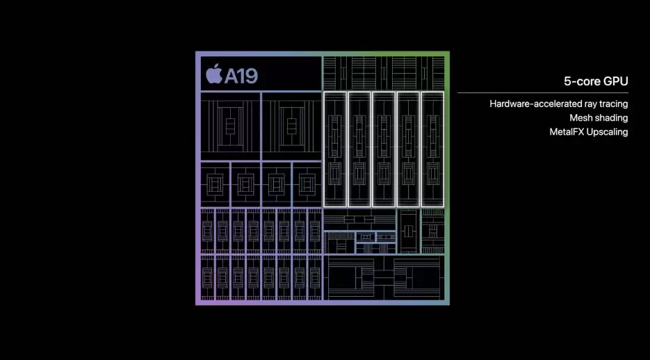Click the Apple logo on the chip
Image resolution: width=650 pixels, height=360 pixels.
213,74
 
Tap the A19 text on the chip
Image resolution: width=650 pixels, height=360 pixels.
241,75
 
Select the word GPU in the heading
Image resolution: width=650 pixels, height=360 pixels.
615,81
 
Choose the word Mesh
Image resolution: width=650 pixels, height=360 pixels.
581,118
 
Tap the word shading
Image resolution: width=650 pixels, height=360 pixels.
612,118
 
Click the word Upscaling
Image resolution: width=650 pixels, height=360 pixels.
608,132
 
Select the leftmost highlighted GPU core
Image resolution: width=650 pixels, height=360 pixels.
335,149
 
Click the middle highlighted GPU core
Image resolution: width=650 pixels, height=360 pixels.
384,149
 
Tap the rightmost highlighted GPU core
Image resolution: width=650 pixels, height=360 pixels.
432,149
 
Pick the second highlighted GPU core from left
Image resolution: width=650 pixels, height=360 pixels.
359,149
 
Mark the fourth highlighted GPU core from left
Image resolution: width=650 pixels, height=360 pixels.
408,149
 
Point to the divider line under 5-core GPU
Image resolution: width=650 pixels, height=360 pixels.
543,92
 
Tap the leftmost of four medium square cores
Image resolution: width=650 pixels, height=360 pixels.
215,183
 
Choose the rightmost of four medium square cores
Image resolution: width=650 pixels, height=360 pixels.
307,183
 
